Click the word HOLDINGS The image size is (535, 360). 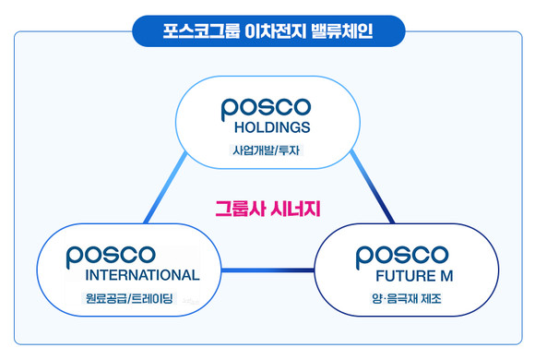coord(266,127)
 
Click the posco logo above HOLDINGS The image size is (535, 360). coord(266,104)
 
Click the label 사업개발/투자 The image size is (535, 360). coord(266,150)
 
